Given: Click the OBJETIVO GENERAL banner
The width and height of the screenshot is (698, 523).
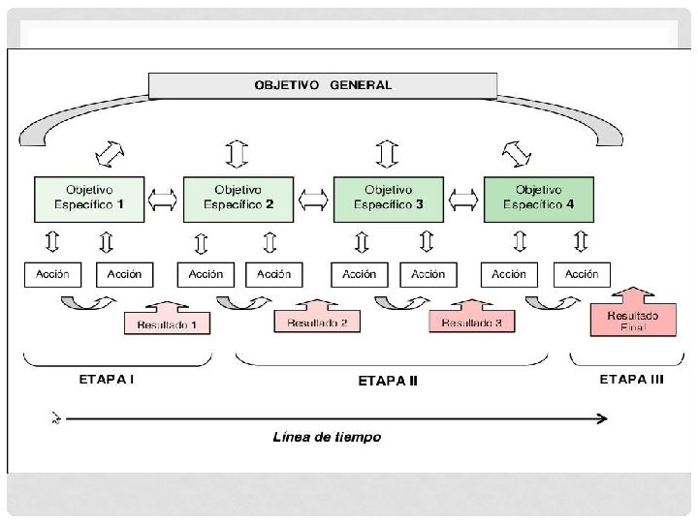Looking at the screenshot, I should [323, 84].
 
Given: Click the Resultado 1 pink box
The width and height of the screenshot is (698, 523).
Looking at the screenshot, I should [168, 323].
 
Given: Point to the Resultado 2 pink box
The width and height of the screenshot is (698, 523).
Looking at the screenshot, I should [317, 321].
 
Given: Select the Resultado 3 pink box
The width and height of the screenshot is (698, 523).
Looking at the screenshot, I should [472, 321].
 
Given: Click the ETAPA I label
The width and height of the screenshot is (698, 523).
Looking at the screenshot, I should [106, 380].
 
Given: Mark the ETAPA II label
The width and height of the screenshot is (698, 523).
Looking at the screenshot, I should [388, 381].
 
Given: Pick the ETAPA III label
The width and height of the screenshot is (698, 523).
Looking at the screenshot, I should [631, 380].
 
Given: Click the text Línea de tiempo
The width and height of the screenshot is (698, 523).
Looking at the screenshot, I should [326, 438].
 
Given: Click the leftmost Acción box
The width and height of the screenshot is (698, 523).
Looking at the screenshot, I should [52, 274].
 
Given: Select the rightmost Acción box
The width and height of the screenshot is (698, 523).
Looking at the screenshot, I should [582, 274].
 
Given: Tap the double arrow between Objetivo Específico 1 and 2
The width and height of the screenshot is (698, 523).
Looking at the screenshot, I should [163, 199].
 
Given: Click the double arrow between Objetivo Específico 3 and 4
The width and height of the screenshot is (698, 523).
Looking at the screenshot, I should [463, 199].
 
